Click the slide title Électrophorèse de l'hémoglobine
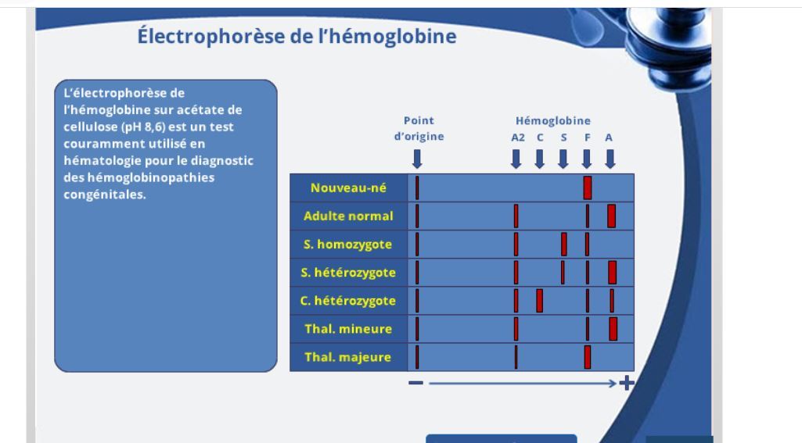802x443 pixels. click(297, 36)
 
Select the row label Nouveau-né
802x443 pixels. click(348, 188)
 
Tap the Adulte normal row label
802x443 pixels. click(348, 216)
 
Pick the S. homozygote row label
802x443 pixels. click(348, 245)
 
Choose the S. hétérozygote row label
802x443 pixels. click(348, 273)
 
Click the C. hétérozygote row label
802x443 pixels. click(348, 301)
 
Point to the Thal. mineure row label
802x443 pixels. click(348, 329)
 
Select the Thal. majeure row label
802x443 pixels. click(348, 357)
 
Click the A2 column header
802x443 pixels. click(517, 138)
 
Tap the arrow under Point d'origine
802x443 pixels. click(417, 159)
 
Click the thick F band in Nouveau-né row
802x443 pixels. click(588, 188)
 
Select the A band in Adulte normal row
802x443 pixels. click(611, 216)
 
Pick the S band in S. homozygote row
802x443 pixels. click(563, 245)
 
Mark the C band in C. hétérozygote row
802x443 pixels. click(539, 301)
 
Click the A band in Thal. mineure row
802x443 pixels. click(613, 329)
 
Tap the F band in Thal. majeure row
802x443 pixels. click(588, 357)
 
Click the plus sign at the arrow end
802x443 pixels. click(626, 383)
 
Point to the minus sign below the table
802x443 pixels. click(415, 383)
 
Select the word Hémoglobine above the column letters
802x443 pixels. click(552, 121)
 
